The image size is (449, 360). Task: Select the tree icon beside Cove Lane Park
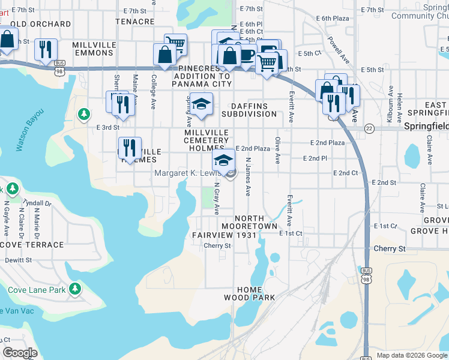point(75,290)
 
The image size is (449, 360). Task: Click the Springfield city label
point(426,127)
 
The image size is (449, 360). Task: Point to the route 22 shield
point(369,128)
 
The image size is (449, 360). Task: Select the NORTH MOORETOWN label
point(256,222)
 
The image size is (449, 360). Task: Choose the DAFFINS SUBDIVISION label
point(249,109)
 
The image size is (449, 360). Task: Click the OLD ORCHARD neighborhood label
point(40,25)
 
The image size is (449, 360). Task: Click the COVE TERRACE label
point(34,245)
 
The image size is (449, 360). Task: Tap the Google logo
point(20,353)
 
